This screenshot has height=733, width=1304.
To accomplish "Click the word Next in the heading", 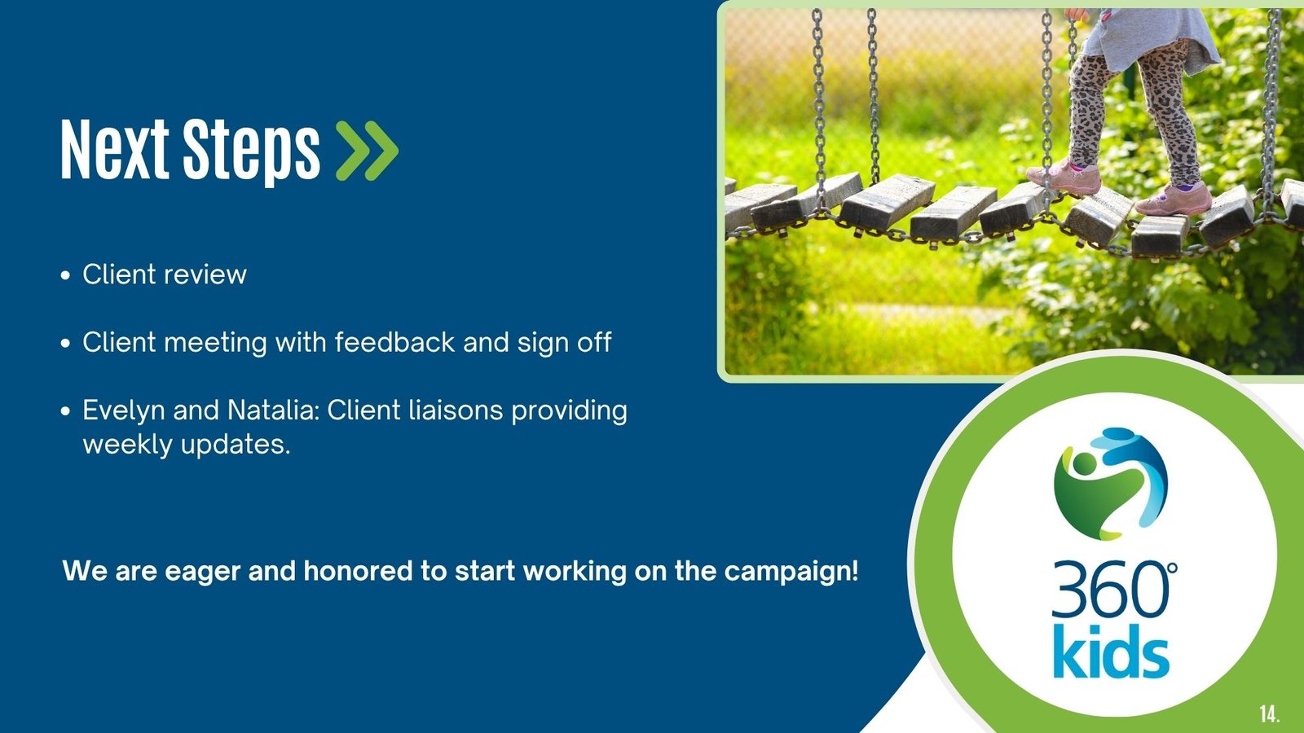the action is point(115,149).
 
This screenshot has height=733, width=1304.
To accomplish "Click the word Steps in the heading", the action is point(252,152).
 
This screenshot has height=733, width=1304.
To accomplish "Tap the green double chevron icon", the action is point(368,151).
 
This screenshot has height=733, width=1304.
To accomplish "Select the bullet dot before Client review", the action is point(65,275).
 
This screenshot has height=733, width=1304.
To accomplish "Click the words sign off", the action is point(564,343).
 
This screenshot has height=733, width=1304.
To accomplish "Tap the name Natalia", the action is point(273,410).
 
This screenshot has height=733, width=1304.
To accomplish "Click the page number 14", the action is point(1270,713).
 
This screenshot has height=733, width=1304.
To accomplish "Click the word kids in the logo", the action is point(1111,652).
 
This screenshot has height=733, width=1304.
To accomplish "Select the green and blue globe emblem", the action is point(1111,484).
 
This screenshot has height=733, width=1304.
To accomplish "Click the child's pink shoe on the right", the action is point(1174,199).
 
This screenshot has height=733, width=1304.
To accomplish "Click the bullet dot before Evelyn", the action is point(65,411).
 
